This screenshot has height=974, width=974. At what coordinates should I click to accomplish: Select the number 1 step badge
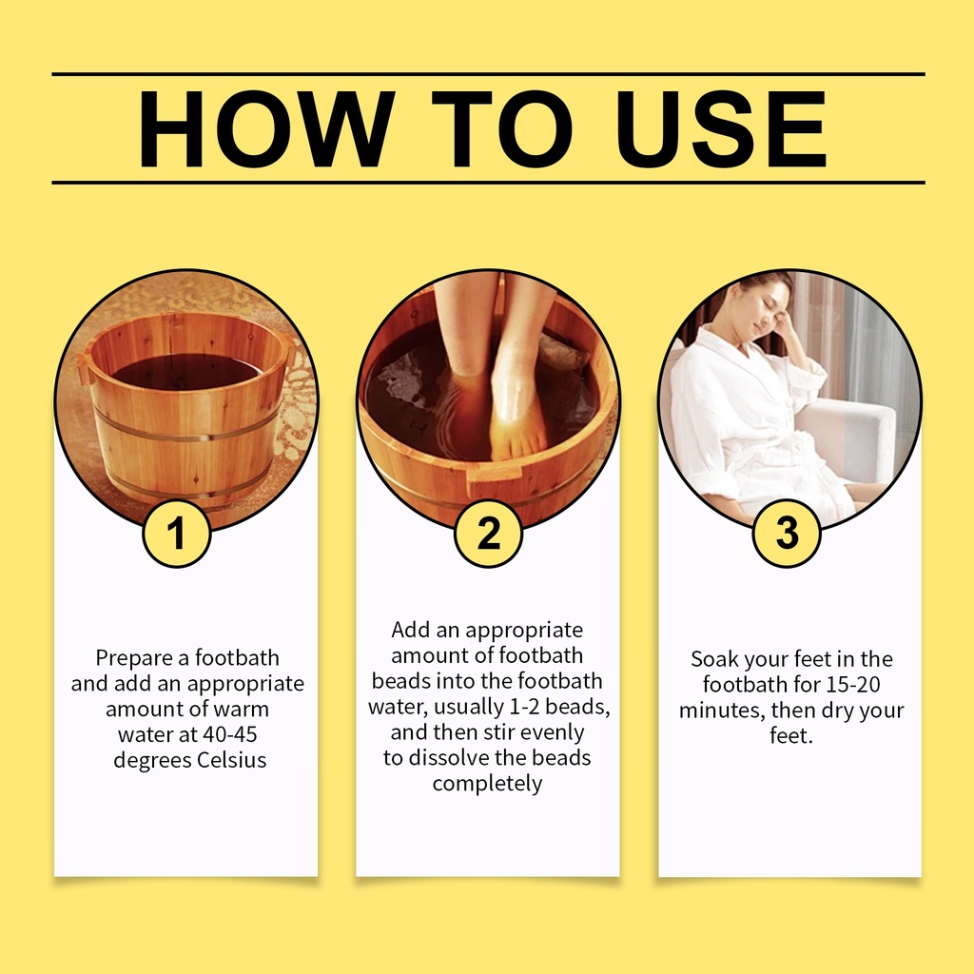pos(177,533)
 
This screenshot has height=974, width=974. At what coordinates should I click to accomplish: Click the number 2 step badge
pos(488,533)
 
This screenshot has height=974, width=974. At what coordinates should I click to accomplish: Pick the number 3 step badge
pos(787,533)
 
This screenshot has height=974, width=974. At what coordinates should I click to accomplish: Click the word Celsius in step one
pos(232,760)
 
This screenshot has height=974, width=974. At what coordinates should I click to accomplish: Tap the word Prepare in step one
pos(134,658)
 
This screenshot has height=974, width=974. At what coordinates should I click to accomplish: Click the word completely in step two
pos(488,784)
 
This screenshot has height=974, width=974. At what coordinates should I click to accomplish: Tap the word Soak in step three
pos(714,659)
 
